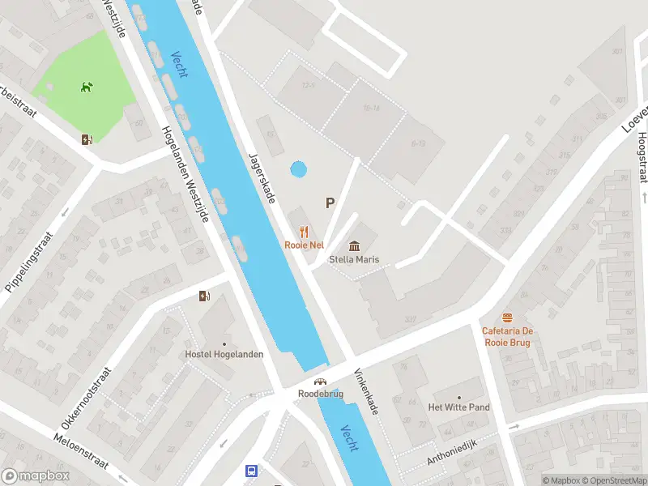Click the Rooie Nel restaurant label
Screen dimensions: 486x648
305,245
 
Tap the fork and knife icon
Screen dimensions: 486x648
305,232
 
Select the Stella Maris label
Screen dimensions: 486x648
355,260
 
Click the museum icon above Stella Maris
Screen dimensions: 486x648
355,246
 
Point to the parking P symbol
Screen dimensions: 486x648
330,203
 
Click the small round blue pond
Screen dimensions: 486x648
298,170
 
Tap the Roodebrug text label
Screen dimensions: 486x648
321,394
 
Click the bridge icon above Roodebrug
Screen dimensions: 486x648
321,382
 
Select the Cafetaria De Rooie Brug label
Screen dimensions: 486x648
508,336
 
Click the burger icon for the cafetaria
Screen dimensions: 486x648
508,317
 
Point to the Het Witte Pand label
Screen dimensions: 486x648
458,407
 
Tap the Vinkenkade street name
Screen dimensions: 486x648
366,392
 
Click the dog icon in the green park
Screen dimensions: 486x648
86,87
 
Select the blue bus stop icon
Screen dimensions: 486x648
252,471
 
